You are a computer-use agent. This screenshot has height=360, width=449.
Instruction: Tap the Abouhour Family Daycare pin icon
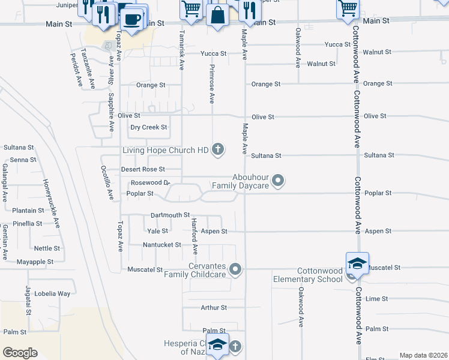coord(278,180)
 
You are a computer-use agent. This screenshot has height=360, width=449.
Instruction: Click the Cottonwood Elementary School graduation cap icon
coord(357,264)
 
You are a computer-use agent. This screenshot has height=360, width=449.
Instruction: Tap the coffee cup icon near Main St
coord(132,18)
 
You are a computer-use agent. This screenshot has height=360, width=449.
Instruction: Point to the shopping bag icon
coord(217,16)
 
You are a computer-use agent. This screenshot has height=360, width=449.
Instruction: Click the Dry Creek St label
coord(149,127)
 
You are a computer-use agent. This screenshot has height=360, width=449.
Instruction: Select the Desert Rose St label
coord(143,169)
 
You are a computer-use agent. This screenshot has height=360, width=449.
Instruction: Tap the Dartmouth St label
coord(170,215)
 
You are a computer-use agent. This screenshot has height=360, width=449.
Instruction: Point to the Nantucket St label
coord(161,245)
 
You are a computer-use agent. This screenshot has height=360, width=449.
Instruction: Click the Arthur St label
coord(214,307)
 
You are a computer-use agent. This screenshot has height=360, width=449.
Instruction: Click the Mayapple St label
coord(35,262)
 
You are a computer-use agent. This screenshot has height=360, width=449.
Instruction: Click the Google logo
coord(20,353)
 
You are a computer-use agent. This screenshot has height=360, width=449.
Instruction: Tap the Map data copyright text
coord(423,355)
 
